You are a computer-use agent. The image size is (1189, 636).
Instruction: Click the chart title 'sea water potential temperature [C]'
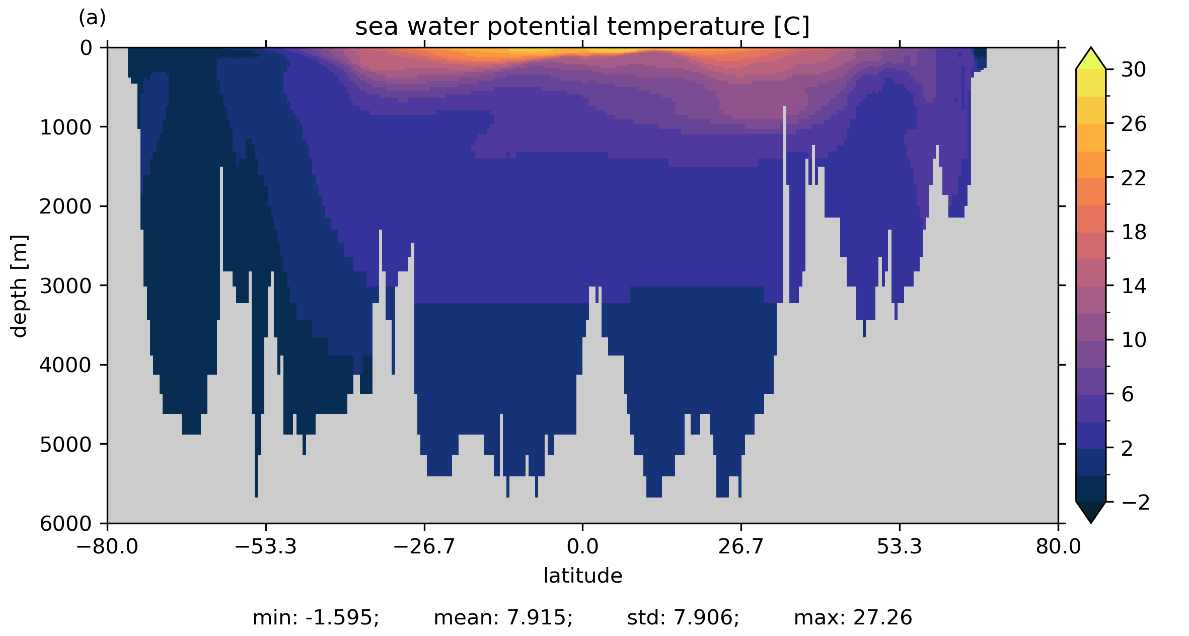[x=582, y=26]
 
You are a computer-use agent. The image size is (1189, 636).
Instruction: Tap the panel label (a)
[x=92, y=18]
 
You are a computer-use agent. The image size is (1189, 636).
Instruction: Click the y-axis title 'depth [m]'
[x=19, y=286]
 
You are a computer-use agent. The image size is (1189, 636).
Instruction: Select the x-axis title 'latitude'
[x=582, y=576]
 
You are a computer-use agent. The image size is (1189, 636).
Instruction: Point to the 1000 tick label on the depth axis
[x=66, y=127]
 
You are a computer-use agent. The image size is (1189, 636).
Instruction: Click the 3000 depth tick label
[x=66, y=286]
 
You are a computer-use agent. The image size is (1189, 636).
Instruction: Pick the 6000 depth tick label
[x=66, y=524]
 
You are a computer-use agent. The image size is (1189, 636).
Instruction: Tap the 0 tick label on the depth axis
[x=87, y=48]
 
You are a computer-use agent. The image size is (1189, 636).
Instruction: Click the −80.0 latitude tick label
[x=107, y=546]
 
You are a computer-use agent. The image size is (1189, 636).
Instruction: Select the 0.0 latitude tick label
[x=582, y=546]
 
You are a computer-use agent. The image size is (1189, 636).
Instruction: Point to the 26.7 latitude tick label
[x=740, y=546]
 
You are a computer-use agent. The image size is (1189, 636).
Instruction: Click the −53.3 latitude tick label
[x=266, y=546]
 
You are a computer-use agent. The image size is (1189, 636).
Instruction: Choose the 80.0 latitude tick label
[x=1058, y=546]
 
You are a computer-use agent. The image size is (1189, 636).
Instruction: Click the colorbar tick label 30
[x=1134, y=70]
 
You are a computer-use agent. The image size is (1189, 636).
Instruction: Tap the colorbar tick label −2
[x=1136, y=503]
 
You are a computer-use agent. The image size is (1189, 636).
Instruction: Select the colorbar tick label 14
[x=1134, y=286]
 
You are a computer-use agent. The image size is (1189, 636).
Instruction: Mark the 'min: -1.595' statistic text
[x=316, y=618]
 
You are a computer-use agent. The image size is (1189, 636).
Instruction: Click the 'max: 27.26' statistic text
[x=853, y=618]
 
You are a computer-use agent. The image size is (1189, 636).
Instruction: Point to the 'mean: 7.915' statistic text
[x=503, y=618]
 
